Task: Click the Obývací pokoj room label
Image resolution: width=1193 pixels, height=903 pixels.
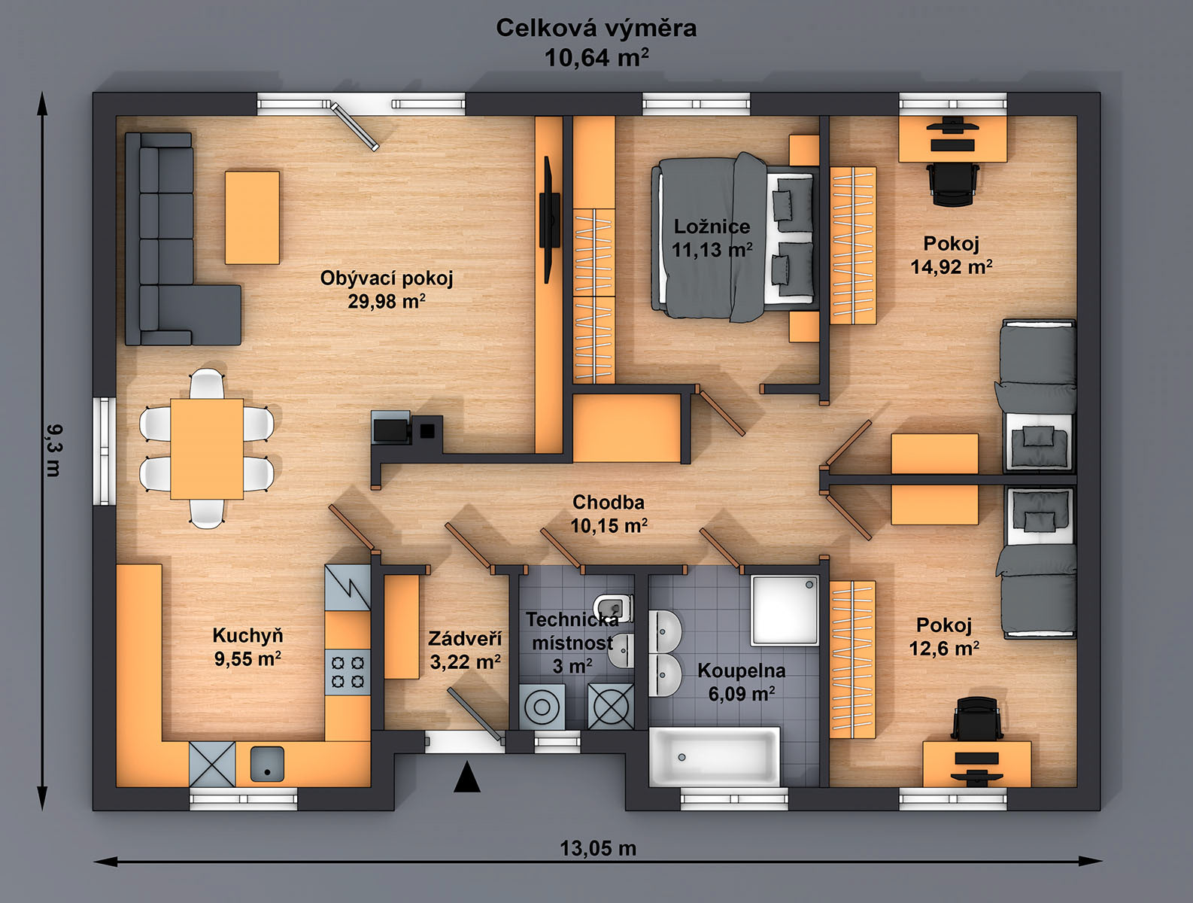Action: pos(387,278)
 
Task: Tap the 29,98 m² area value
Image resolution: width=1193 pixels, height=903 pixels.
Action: pos(387,301)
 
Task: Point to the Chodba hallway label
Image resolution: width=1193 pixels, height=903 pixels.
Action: pos(609,503)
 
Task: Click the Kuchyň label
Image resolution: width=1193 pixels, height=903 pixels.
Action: pos(247,635)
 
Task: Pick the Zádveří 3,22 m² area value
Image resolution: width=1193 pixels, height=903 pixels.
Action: pos(466,661)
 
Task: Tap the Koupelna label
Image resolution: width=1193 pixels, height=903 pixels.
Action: pos(742,670)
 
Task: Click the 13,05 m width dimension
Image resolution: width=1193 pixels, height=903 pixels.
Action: pos(598,847)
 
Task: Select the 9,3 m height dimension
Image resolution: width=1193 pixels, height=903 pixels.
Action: pos(54,451)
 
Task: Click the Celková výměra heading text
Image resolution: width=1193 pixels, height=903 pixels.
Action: pos(596,29)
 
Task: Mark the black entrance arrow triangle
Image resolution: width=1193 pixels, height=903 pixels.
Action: pos(467,777)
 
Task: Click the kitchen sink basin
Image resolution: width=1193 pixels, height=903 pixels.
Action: pos(267,764)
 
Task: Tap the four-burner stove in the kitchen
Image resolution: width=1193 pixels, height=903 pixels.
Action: pos(348,672)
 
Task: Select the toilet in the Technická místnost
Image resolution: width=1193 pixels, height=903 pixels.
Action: pos(614,608)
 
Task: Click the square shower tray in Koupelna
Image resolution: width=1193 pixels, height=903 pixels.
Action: pos(785,610)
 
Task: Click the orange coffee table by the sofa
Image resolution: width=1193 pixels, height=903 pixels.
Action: pos(252,217)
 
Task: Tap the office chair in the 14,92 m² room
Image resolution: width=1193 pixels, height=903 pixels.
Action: pos(952,184)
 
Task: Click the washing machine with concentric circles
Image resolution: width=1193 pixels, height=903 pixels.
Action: pos(542,707)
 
